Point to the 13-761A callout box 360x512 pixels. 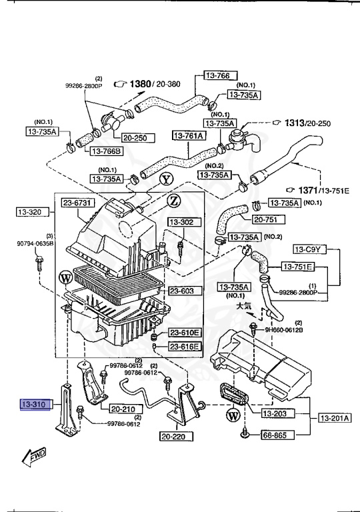[189, 136]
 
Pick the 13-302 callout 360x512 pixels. [181, 221]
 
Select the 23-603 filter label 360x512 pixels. [181, 291]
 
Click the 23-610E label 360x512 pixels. [185, 332]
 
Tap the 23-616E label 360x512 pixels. [185, 347]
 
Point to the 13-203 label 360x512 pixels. [275, 414]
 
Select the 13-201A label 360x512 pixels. [334, 418]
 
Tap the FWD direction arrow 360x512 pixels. [33, 458]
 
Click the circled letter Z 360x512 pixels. [173, 200]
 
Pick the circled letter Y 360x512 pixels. [167, 179]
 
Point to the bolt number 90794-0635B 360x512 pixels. [35, 243]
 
